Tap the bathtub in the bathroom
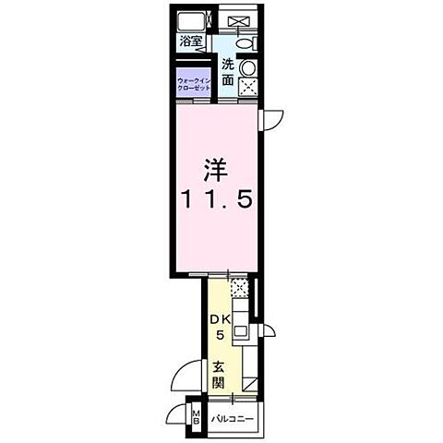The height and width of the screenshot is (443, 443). point(193,23)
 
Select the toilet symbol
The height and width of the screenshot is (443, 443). point(245,43)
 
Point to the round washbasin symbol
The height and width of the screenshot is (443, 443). point(248,69)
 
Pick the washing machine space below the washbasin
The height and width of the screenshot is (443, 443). point(248,88)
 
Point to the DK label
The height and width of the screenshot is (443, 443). point(220,320)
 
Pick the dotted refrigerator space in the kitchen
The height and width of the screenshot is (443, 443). point(240,289)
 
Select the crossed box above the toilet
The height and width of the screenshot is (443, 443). point(238,20)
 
